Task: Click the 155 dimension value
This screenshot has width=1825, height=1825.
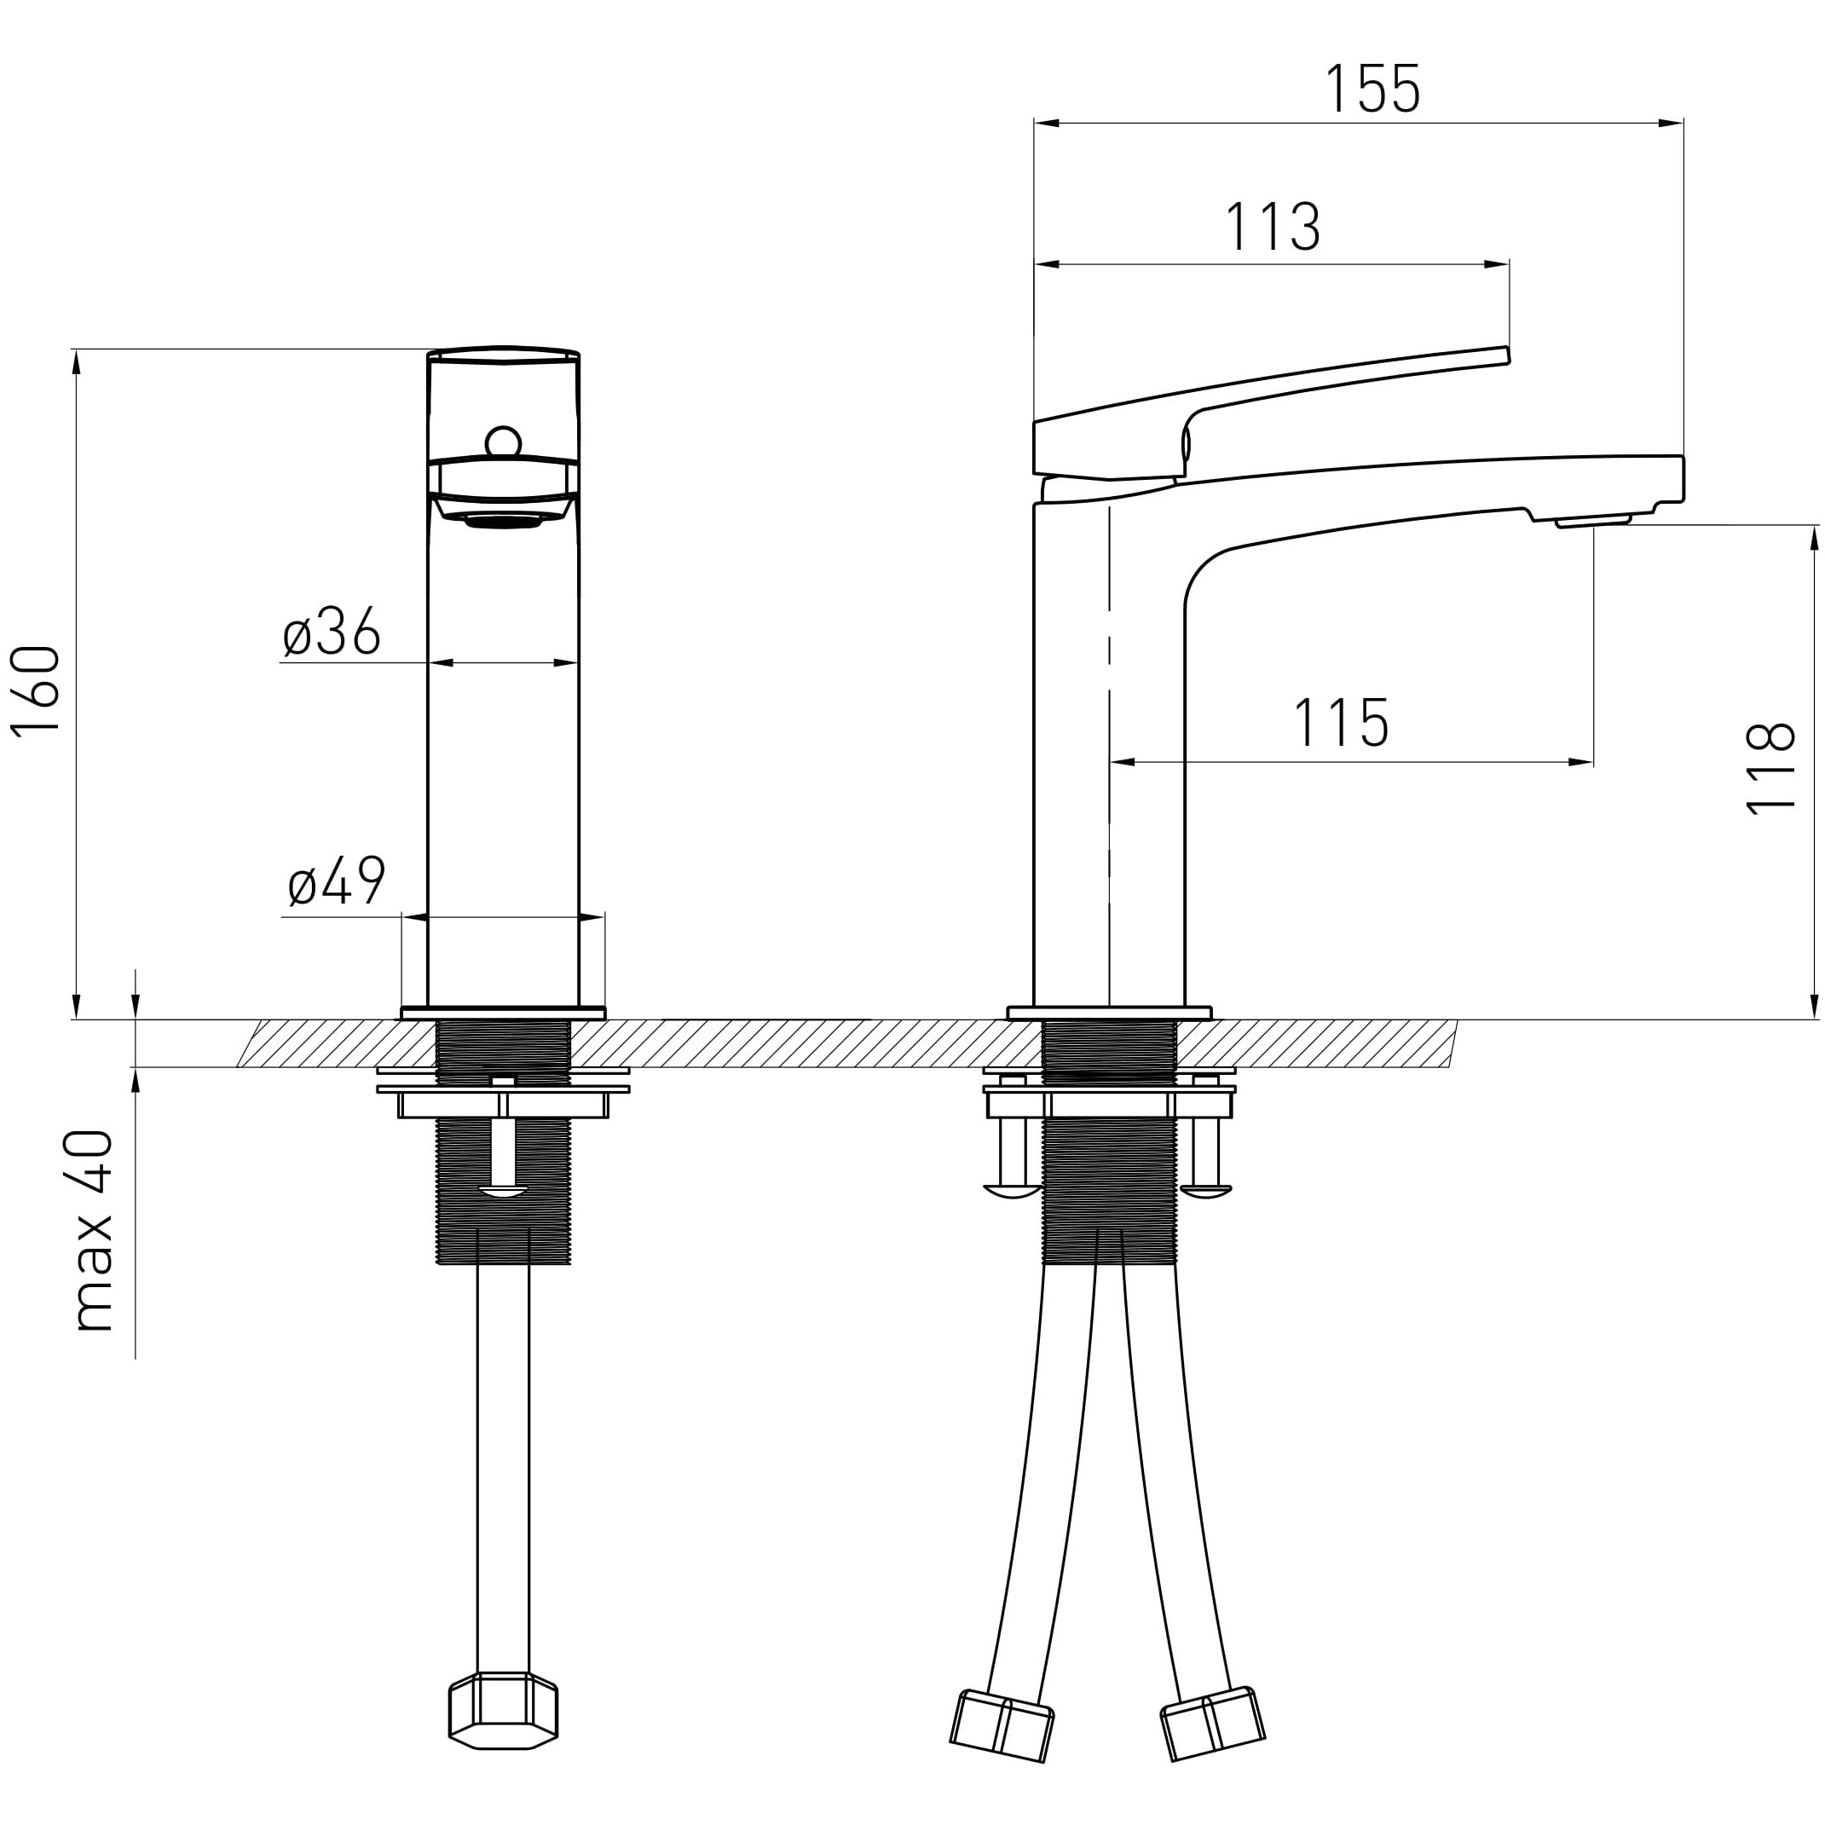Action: [x=1372, y=89]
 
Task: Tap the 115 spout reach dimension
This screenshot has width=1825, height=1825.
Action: [x=1341, y=724]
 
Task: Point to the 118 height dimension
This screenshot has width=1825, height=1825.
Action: [x=1770, y=768]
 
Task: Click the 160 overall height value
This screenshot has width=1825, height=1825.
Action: [x=36, y=689]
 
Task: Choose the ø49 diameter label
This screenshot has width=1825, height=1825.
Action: [x=337, y=881]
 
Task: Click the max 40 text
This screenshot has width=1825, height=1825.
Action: [x=93, y=1230]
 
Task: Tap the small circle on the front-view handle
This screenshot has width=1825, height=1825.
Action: [x=503, y=442]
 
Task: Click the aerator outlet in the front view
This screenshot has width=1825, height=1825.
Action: [x=503, y=519]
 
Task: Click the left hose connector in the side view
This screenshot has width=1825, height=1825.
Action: [x=1002, y=1725]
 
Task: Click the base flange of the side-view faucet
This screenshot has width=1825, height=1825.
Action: [x=1109, y=1014]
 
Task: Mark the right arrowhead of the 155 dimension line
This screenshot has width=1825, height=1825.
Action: [x=1671, y=123]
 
